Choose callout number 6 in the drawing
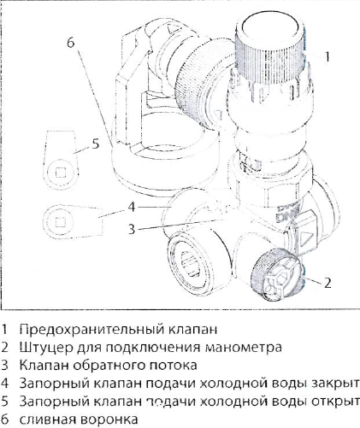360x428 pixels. coord(71,40)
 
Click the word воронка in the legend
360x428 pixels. coord(107,419)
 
